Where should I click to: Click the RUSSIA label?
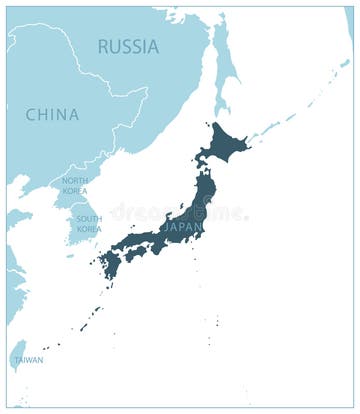click(x=128, y=46)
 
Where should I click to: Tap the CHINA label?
click(x=52, y=115)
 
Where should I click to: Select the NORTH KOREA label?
click(x=75, y=185)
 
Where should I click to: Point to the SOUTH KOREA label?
click(x=89, y=224)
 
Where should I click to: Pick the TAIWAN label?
click(x=29, y=360)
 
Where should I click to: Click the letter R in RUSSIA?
click(x=103, y=46)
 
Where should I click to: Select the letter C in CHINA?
click(x=31, y=115)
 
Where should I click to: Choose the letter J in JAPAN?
click(x=167, y=226)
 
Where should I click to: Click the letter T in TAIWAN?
click(x=16, y=360)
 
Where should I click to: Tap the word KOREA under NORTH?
click(x=75, y=190)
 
